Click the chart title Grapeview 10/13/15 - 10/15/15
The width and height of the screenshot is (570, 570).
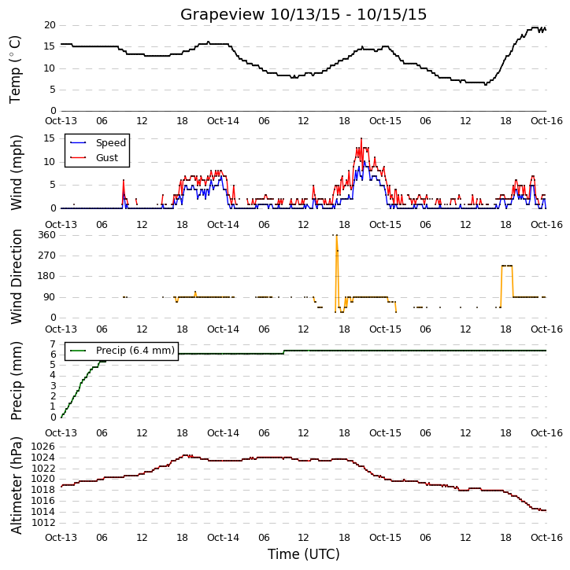(303, 14)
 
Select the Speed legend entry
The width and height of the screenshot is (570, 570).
(98, 143)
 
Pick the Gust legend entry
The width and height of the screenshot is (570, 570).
(94, 158)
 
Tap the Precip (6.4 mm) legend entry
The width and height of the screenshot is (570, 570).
(122, 351)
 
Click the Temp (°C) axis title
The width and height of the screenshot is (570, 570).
(15, 69)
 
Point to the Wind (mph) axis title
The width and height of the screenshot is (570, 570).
(17, 172)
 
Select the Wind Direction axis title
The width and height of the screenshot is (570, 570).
(17, 277)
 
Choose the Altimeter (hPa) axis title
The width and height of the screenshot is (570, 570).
(17, 485)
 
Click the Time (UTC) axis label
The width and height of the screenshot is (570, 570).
(304, 554)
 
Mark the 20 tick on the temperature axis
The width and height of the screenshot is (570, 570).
(50, 25)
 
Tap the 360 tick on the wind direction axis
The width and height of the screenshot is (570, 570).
(47, 235)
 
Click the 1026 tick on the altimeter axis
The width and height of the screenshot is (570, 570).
(43, 447)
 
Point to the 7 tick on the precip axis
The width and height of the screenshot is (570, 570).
(53, 344)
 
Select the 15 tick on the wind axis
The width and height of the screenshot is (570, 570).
(50, 138)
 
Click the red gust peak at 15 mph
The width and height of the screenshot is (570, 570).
(361, 138)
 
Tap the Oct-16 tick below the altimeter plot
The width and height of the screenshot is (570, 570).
(546, 537)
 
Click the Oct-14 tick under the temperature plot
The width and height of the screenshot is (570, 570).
(223, 121)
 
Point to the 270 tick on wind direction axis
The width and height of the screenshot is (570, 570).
(47, 256)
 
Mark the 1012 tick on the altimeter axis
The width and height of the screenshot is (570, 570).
(43, 523)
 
